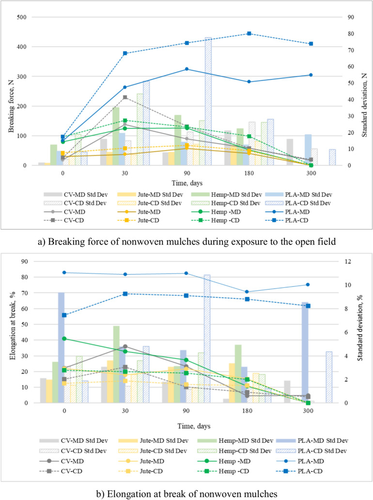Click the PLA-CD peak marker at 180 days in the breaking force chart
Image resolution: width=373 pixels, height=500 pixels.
coord(249,33)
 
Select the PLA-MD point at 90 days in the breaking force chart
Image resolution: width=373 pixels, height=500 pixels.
coord(187,69)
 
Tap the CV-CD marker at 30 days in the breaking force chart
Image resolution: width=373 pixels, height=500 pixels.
coord(125,97)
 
